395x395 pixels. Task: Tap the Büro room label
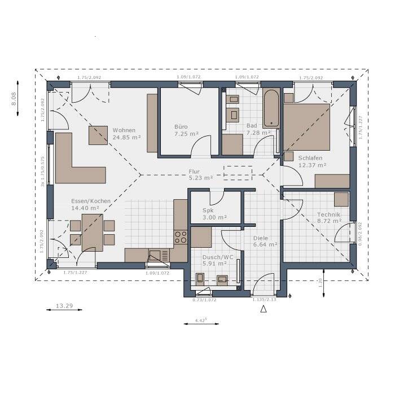coord(186,131)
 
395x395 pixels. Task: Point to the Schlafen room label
coord(312,162)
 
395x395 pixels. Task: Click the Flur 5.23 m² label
coord(201,174)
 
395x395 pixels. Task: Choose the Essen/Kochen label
coord(90,204)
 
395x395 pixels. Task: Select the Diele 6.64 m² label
coord(265,241)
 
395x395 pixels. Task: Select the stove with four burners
coord(181,237)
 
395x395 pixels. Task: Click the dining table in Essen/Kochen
coord(92,231)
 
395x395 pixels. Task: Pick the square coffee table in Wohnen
coord(98,135)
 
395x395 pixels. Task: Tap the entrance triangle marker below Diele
coord(262,309)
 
